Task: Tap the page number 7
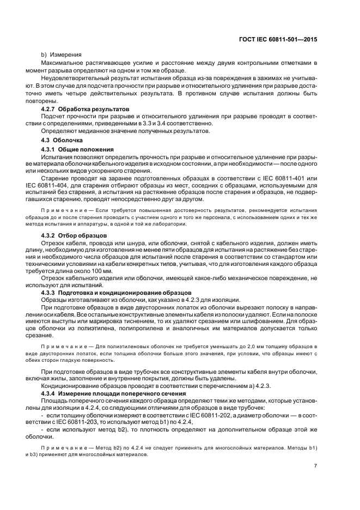click(315, 466)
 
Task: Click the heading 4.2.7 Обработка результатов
click(86, 109)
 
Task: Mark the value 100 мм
click(100, 271)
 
